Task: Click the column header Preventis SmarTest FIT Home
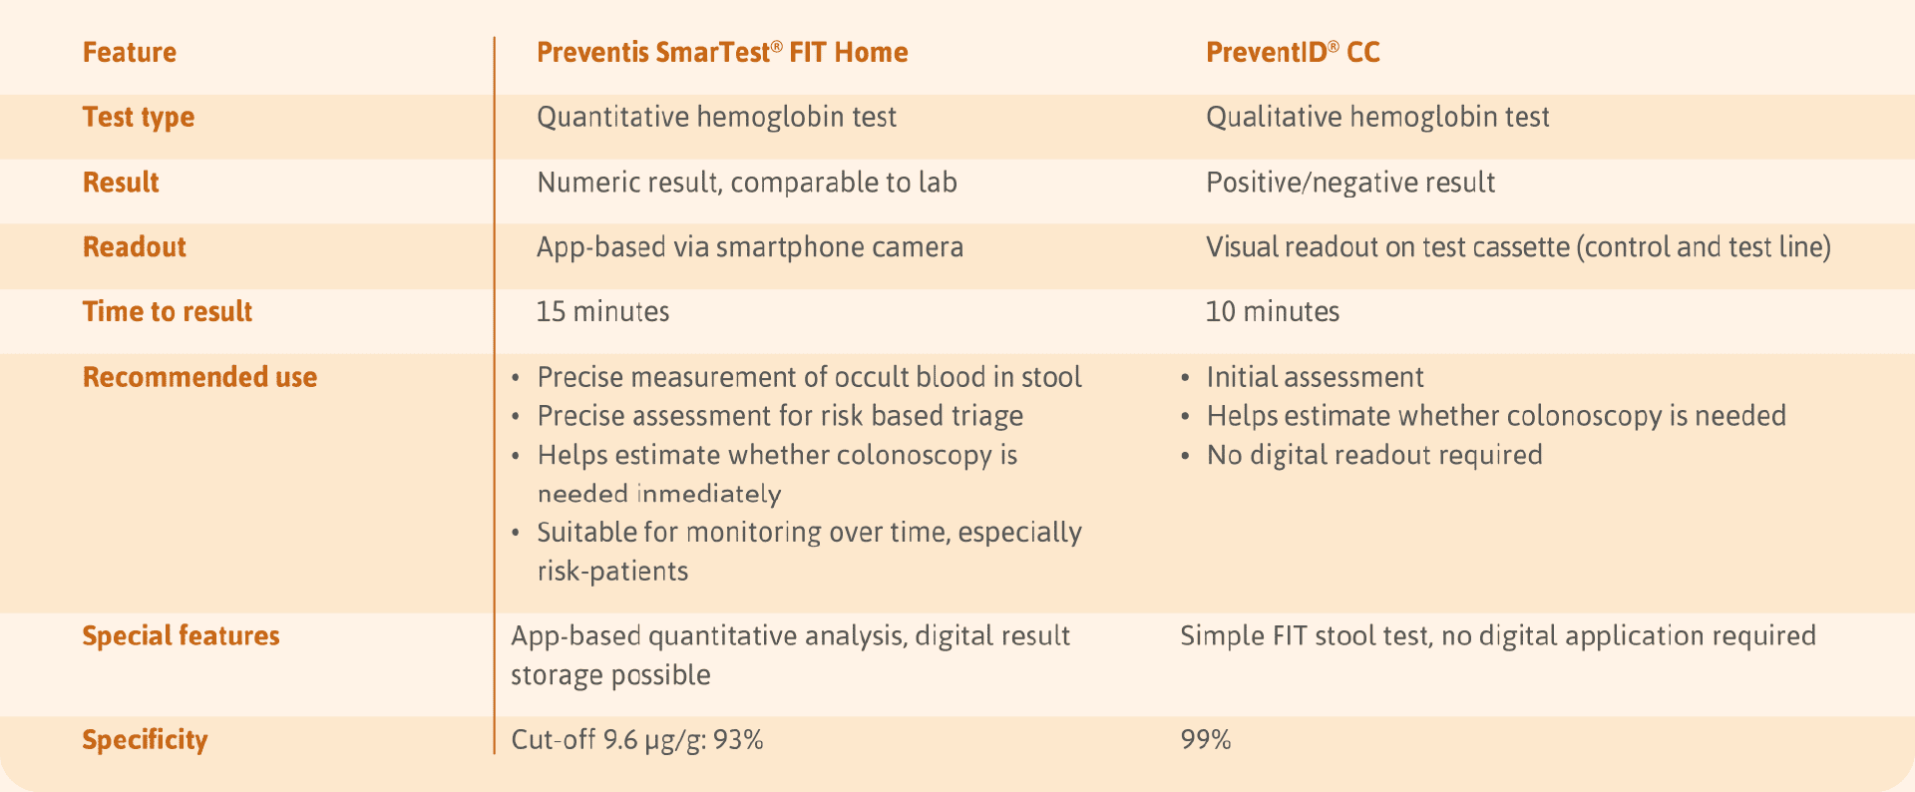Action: pyautogui.click(x=721, y=52)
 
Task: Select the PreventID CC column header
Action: pyautogui.click(x=1293, y=52)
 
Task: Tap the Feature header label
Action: pyautogui.click(x=130, y=52)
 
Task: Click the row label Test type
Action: pyautogui.click(x=139, y=118)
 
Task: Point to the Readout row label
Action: pyautogui.click(x=135, y=247)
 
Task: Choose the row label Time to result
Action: pyautogui.click(x=168, y=311)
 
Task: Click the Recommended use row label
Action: pyautogui.click(x=199, y=377)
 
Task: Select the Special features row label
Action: pyautogui.click(x=181, y=635)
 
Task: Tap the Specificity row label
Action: pyautogui.click(x=145, y=739)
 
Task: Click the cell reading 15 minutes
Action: pyautogui.click(x=602, y=311)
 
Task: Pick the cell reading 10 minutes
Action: pyautogui.click(x=1272, y=311)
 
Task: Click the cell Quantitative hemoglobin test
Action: pyautogui.click(x=716, y=118)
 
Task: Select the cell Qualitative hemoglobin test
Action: pyautogui.click(x=1377, y=118)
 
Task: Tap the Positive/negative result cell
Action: pyautogui.click(x=1350, y=183)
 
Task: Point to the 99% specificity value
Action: pyautogui.click(x=1206, y=739)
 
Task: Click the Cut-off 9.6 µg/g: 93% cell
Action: pyautogui.click(x=637, y=739)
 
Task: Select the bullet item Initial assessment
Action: pyautogui.click(x=1315, y=377)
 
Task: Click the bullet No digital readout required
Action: pyautogui.click(x=1374, y=455)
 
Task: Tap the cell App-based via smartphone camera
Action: pyautogui.click(x=750, y=247)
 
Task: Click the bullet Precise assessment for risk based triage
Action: pyautogui.click(x=780, y=416)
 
